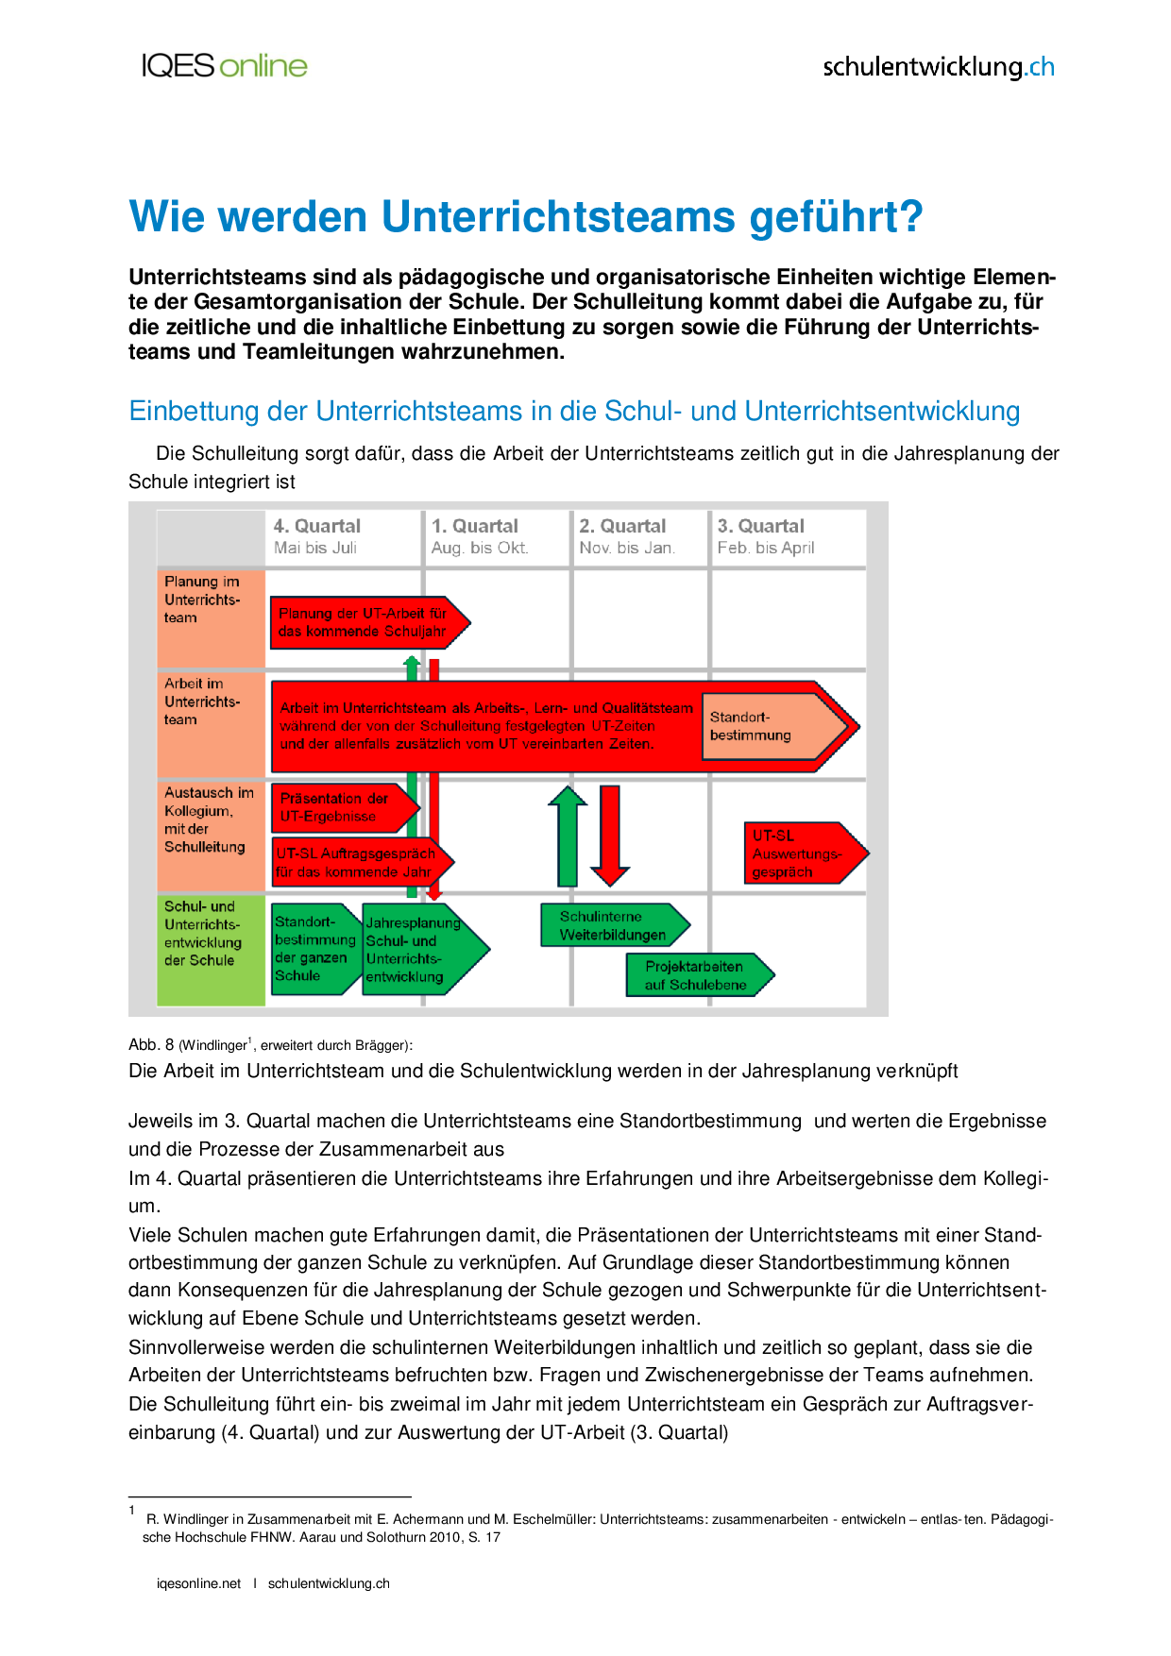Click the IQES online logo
click(x=225, y=66)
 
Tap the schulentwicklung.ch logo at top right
click(x=938, y=67)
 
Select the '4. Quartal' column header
click(x=316, y=536)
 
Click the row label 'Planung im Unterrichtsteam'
click(x=202, y=600)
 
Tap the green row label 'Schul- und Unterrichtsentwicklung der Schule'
click(x=203, y=934)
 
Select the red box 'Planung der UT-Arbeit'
click(x=365, y=622)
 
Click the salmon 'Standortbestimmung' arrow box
click(x=765, y=726)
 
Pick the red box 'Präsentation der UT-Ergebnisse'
click(x=338, y=808)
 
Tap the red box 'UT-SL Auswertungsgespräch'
click(x=798, y=853)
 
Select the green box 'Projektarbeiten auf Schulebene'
click(x=696, y=975)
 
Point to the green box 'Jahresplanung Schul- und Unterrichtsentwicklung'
click(x=416, y=950)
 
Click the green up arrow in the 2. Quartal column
click(x=568, y=836)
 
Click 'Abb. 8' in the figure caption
click(x=151, y=1045)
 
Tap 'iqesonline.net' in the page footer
click(x=199, y=1583)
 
